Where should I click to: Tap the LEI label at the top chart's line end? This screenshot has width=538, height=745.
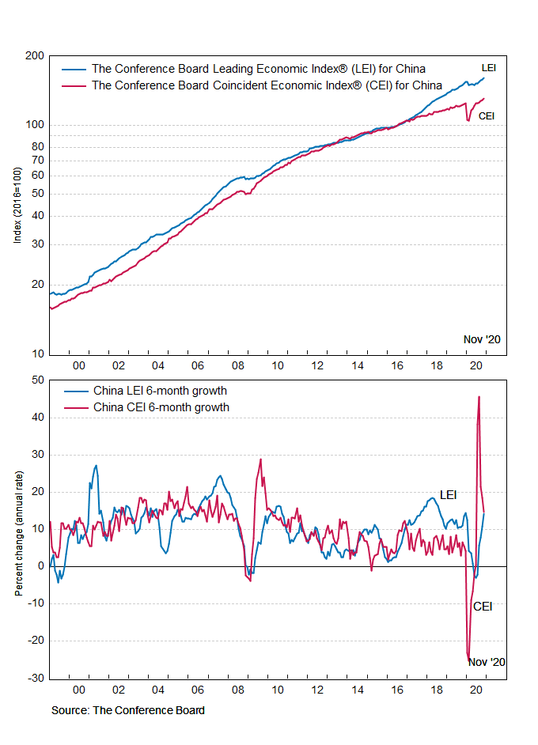489,67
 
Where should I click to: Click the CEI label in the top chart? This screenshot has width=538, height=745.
487,115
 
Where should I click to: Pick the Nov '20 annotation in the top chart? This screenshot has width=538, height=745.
482,339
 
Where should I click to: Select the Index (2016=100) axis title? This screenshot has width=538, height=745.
17,205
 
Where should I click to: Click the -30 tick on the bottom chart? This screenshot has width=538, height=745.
36,679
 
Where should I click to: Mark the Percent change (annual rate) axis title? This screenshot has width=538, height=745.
17,529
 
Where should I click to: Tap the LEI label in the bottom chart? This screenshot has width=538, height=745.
448,495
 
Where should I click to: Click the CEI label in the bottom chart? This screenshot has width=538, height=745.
483,607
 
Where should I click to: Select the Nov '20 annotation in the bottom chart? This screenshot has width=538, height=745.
487,662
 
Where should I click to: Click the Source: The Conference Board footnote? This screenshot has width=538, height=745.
128,710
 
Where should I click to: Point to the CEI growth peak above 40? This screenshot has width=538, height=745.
479,398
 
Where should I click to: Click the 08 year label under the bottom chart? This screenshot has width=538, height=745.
237,690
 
